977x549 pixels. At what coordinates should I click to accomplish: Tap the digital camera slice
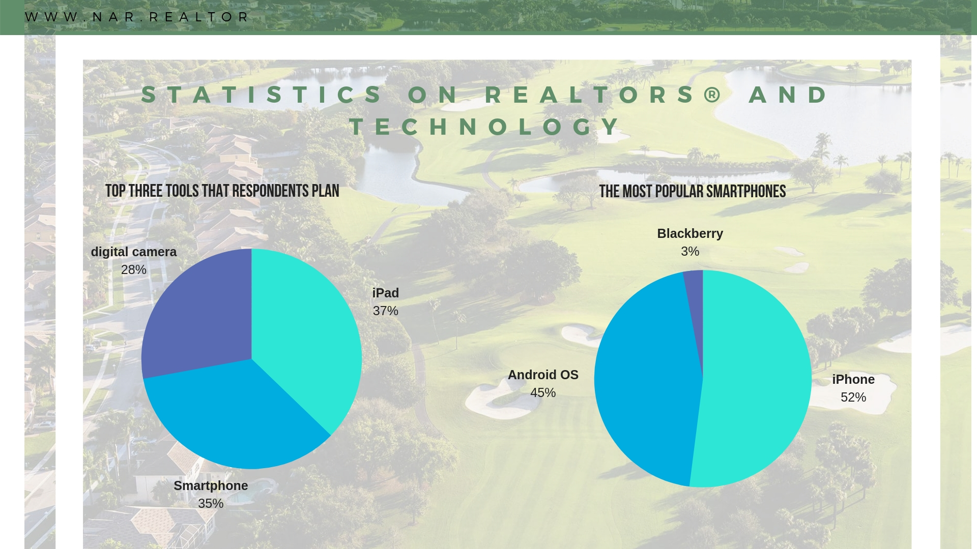click(x=198, y=315)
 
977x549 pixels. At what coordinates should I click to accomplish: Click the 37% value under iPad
click(x=385, y=311)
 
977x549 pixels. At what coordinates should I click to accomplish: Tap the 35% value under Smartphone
click(x=211, y=503)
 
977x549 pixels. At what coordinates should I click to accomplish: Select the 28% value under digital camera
click(x=133, y=269)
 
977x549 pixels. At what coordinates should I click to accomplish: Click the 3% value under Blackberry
click(x=690, y=251)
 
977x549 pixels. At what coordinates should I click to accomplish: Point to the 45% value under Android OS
click(x=543, y=392)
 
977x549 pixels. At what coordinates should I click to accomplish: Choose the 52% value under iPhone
click(x=853, y=397)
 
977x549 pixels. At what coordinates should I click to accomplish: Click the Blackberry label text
click(x=690, y=233)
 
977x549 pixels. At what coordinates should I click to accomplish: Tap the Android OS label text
click(x=543, y=375)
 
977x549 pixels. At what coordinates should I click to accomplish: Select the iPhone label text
click(x=853, y=379)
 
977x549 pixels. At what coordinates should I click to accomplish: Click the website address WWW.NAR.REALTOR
click(x=137, y=17)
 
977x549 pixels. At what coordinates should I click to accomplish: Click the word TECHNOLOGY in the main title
click(x=486, y=127)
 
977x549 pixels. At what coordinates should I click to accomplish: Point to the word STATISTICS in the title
click(x=262, y=95)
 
